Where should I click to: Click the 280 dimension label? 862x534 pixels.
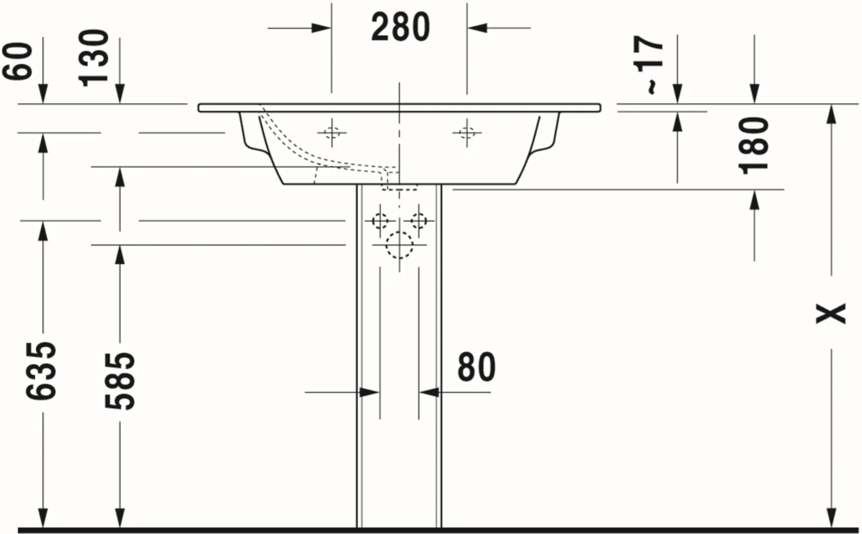coord(401,27)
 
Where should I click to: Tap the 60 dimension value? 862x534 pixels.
coord(18,61)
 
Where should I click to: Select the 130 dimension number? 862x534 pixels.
coord(94,58)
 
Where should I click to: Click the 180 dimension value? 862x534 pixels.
coord(753,145)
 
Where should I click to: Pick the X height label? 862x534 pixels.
coord(831,313)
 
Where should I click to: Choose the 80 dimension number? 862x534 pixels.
coord(476,367)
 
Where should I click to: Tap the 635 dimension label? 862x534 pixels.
coord(42,370)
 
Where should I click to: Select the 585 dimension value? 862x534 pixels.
coord(120,381)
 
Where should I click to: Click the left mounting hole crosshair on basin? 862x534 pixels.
coord(332,133)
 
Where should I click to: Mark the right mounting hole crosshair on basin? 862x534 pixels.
coord(467,133)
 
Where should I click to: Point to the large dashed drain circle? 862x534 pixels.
coord(399,245)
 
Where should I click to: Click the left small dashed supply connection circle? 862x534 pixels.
coord(380,220)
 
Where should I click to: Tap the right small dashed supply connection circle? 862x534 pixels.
coord(419,220)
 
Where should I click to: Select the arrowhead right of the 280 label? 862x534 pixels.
coord(477,27)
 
